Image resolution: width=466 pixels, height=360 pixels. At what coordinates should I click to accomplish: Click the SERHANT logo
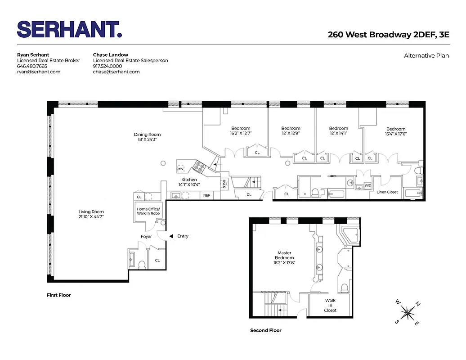tap(69, 29)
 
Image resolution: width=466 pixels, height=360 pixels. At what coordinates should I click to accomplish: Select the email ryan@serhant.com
tap(39, 72)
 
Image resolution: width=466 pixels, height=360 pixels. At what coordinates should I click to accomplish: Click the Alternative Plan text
tap(426, 56)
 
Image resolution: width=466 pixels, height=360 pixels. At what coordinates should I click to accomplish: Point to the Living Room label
tap(91, 212)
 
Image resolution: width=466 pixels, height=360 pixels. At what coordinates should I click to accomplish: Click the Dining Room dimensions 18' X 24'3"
tap(147, 140)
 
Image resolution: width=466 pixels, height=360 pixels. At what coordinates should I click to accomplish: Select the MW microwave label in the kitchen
tap(180, 169)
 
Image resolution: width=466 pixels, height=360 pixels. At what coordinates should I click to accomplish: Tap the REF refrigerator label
tap(207, 195)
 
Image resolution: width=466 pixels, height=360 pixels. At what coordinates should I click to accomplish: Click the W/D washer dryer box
tap(367, 185)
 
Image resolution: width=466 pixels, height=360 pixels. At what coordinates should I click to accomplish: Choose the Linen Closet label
tap(387, 192)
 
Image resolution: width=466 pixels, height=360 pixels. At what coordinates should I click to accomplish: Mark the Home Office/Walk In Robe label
tap(148, 211)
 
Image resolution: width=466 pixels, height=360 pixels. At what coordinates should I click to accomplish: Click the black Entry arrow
tap(171, 236)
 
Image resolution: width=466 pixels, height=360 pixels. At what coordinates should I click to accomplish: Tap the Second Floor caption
tap(266, 330)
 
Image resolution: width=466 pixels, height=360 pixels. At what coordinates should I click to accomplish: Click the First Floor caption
tap(59, 295)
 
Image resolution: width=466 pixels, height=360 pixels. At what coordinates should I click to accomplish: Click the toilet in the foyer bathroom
tap(141, 265)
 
